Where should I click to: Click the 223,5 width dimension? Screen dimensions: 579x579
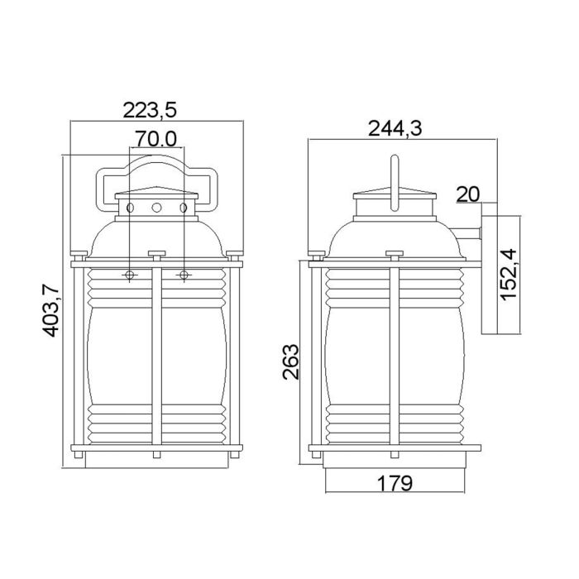(x=151, y=109)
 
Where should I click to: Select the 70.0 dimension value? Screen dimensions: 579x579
(x=156, y=139)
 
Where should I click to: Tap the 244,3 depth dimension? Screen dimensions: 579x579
(x=395, y=127)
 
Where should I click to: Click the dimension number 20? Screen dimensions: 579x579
(x=467, y=194)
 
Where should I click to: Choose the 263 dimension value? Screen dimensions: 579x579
(x=290, y=361)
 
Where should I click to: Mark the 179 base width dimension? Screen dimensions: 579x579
(x=394, y=482)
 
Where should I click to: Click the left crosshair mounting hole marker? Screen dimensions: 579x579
(x=130, y=274)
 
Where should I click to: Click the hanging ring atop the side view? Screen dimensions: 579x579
(x=394, y=178)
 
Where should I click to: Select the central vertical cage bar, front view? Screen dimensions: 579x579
(x=156, y=356)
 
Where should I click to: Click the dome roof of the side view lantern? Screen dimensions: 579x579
(x=394, y=236)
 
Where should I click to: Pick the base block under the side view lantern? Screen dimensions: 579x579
(x=394, y=460)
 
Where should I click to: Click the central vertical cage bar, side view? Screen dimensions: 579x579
(x=395, y=356)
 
